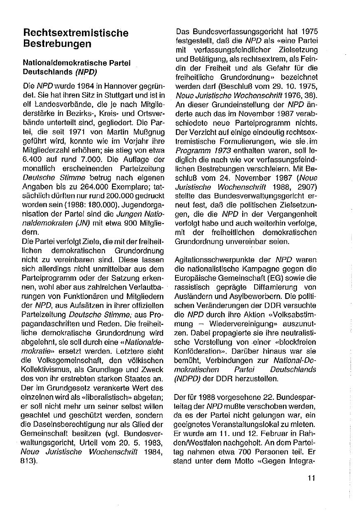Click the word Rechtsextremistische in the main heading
click(x=76, y=33)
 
